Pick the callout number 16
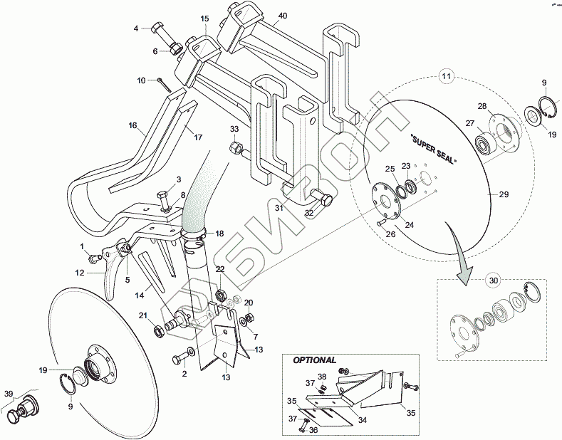[x=132, y=125]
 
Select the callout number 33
[x=235, y=129]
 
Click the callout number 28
[x=482, y=107]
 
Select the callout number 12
[x=80, y=273]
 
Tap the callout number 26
[x=390, y=232]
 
